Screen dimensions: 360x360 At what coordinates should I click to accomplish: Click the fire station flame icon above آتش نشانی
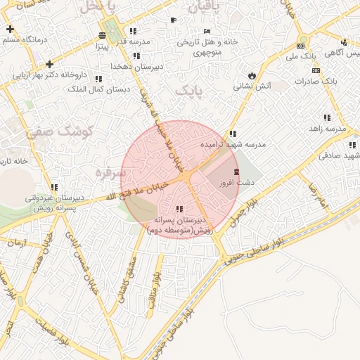(x=252, y=75)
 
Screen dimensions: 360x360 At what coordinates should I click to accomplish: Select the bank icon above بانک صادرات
(x=316, y=70)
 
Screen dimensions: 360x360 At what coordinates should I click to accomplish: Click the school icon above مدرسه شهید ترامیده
(x=232, y=134)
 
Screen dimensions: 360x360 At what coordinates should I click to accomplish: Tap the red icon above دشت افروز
(x=236, y=172)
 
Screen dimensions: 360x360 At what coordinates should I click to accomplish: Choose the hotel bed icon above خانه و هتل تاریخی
(x=207, y=31)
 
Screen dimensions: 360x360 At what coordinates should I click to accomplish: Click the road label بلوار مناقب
(x=154, y=289)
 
